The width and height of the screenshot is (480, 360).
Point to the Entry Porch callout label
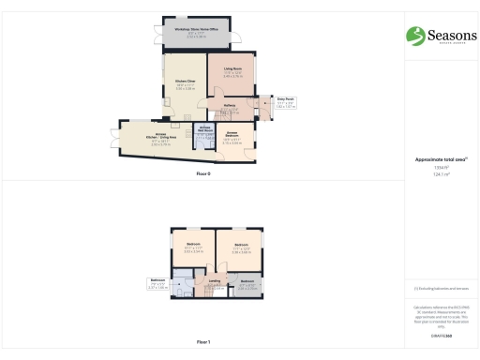click(285, 99)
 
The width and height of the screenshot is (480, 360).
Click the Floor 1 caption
click(203, 343)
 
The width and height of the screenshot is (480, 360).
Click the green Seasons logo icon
click(414, 36)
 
